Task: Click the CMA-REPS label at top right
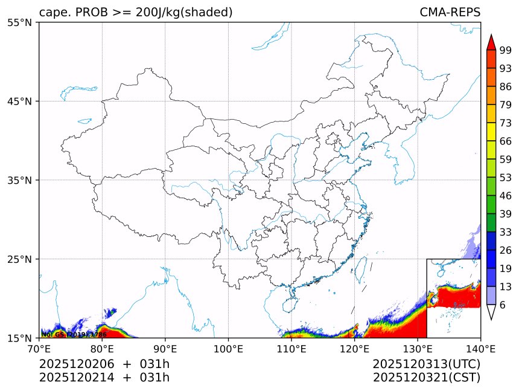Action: click(x=450, y=13)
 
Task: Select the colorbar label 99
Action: click(x=506, y=50)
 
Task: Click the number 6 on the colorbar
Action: click(x=503, y=305)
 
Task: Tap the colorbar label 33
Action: click(x=506, y=232)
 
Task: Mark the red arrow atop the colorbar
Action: click(x=491, y=42)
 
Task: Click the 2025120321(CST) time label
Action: click(x=426, y=378)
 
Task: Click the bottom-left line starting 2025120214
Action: click(x=104, y=378)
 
